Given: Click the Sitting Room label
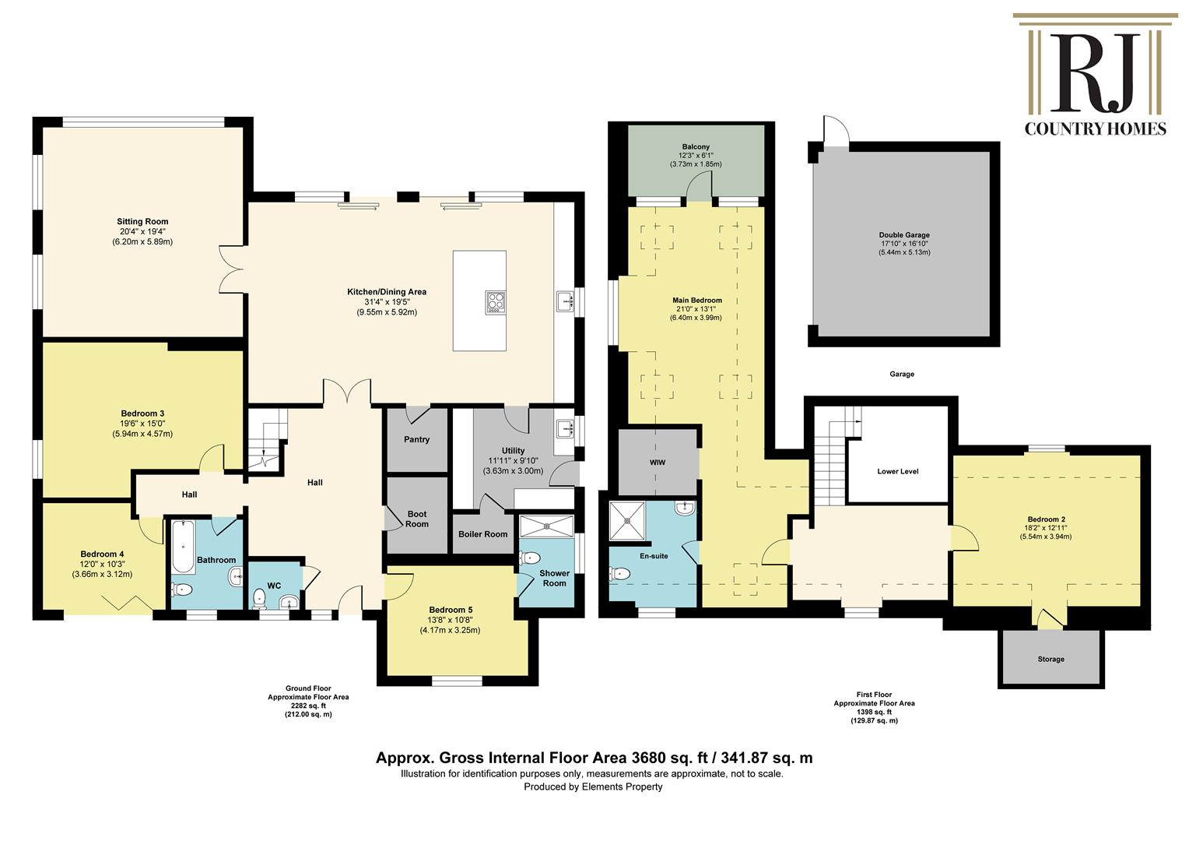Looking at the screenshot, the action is (x=142, y=221).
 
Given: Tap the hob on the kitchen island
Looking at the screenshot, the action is (x=495, y=302).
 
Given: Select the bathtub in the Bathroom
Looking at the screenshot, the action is (x=183, y=547).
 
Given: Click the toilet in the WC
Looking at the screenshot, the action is (x=260, y=598).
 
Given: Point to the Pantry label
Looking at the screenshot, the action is (x=416, y=439).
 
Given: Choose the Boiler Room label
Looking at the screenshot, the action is (x=483, y=534).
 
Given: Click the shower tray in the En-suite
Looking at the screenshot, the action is (x=627, y=521).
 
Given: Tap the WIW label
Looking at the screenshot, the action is (x=657, y=463).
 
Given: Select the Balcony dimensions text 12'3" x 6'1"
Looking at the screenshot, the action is (x=696, y=156).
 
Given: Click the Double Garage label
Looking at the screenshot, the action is (x=904, y=235).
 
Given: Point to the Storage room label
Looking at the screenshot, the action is (x=1051, y=659).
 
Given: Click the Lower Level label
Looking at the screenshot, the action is (x=898, y=471).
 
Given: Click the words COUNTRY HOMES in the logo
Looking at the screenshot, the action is (x=1095, y=129).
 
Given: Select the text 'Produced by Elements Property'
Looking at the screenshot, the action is (x=594, y=786).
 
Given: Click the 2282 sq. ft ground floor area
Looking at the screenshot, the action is (x=308, y=706).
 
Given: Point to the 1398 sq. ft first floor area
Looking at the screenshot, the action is (x=874, y=712).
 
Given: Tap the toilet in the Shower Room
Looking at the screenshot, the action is (x=530, y=558).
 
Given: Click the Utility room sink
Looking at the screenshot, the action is (x=564, y=428).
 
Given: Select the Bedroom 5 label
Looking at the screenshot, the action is (x=451, y=610).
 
